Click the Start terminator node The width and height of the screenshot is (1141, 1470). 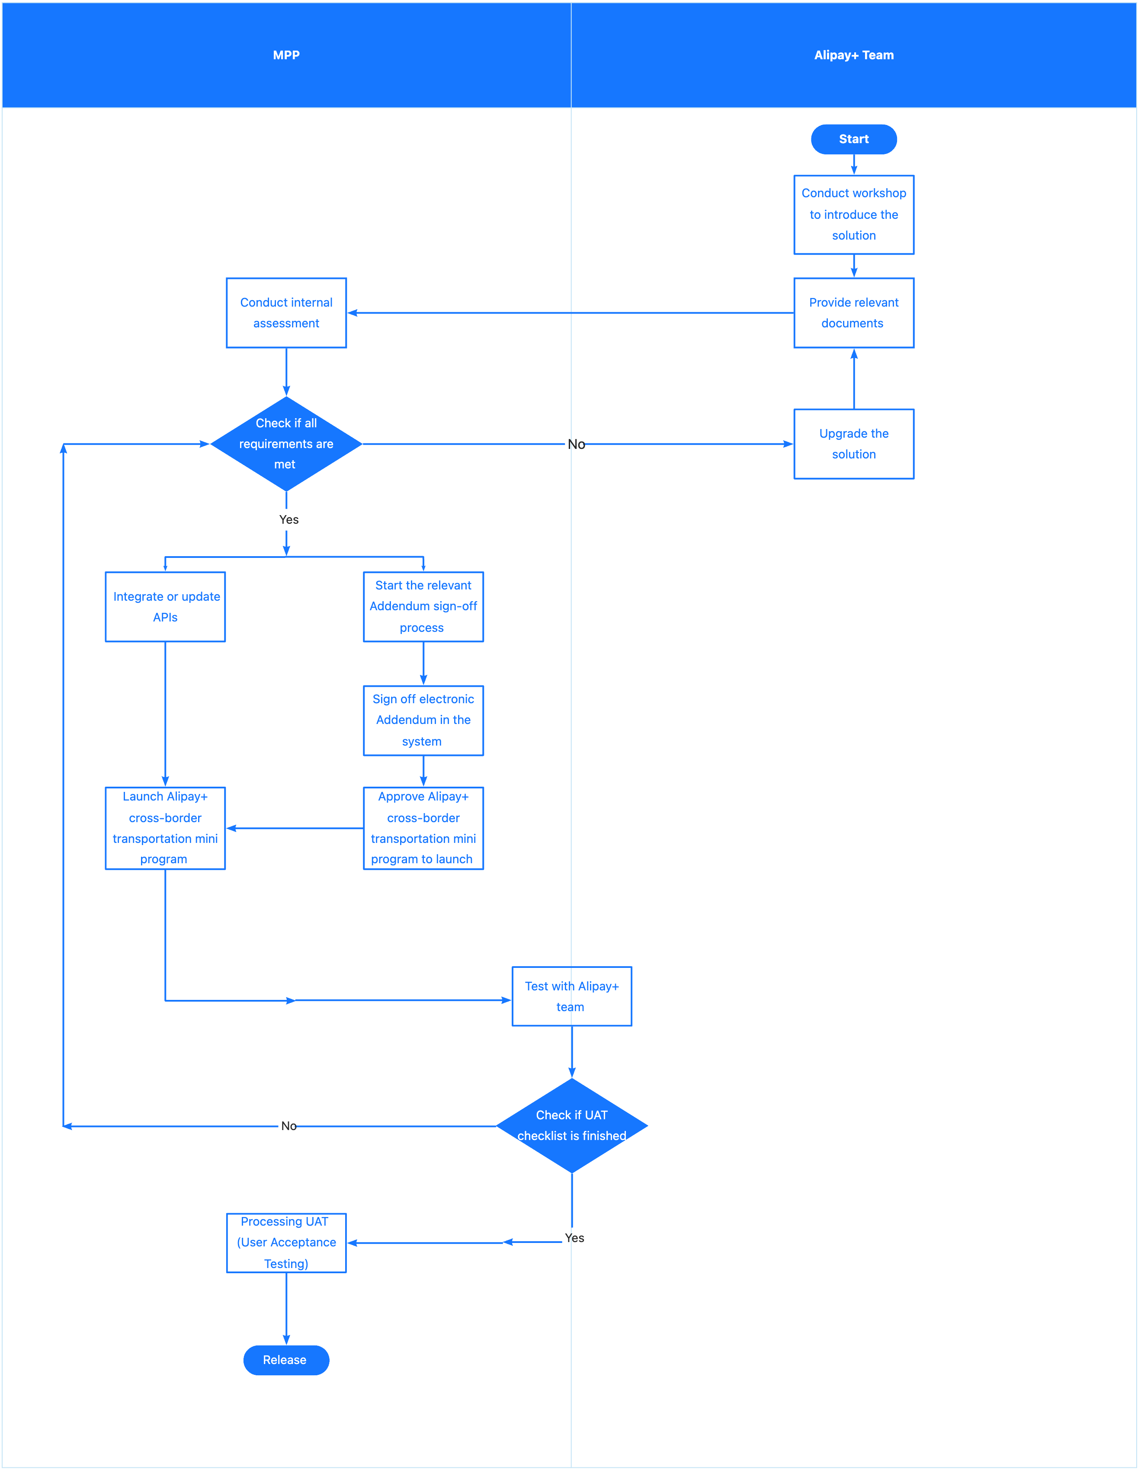click(853, 139)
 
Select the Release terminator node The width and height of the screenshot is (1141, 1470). click(286, 1360)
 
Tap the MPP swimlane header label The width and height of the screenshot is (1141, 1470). click(286, 55)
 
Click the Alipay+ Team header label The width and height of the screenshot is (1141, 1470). click(853, 55)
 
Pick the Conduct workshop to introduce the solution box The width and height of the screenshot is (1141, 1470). click(853, 214)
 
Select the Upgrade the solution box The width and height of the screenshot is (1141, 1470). click(853, 444)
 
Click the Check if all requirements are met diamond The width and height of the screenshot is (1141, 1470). click(286, 444)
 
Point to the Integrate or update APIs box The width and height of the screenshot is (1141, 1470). click(165, 606)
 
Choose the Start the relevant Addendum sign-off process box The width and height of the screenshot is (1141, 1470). click(423, 606)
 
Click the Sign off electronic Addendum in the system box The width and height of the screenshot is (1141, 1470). click(423, 720)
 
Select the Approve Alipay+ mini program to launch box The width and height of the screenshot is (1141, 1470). click(423, 828)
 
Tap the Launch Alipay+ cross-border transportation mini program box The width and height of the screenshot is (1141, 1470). click(165, 828)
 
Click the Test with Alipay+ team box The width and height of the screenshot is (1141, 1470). click(571, 996)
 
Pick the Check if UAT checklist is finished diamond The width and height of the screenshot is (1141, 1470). click(571, 1125)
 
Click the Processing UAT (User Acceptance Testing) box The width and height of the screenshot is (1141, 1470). click(286, 1243)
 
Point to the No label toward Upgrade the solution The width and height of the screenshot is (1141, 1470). click(576, 444)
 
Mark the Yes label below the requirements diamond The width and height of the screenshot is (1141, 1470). click(289, 519)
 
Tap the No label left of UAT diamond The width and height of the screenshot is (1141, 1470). click(289, 1126)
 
